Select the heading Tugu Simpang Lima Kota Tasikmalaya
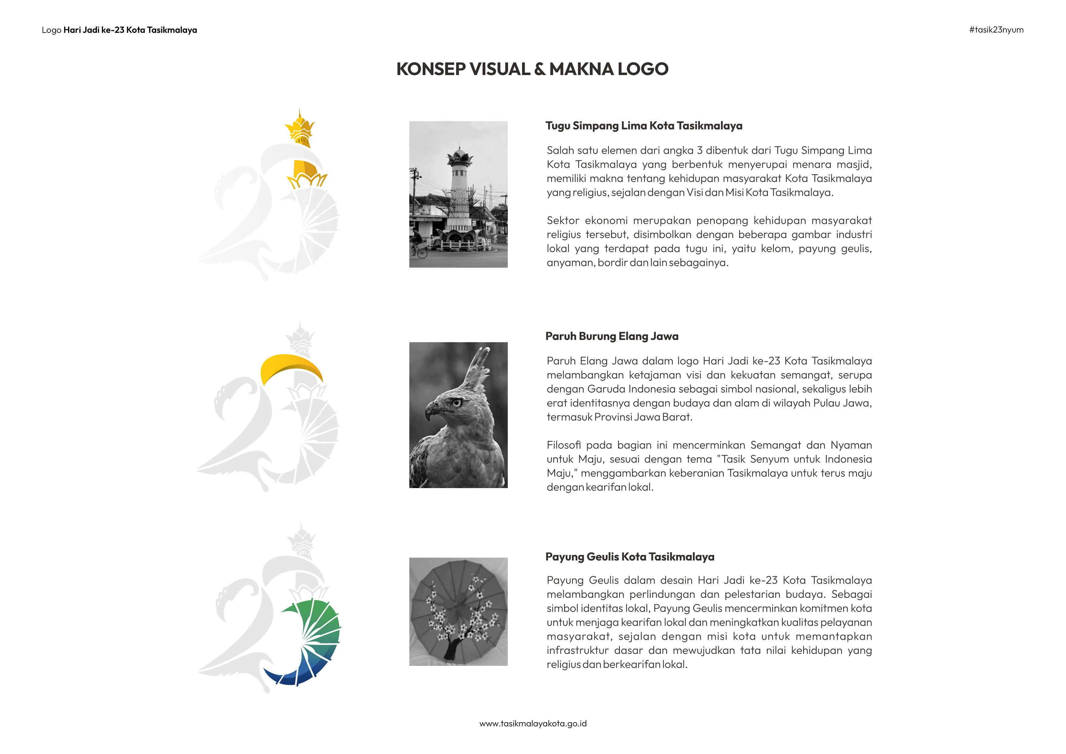[x=644, y=126]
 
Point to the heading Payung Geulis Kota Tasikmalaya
[x=630, y=557]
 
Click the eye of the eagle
[x=457, y=403]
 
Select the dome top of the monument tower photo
[x=459, y=154]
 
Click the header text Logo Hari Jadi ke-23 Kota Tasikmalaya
[x=119, y=30]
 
